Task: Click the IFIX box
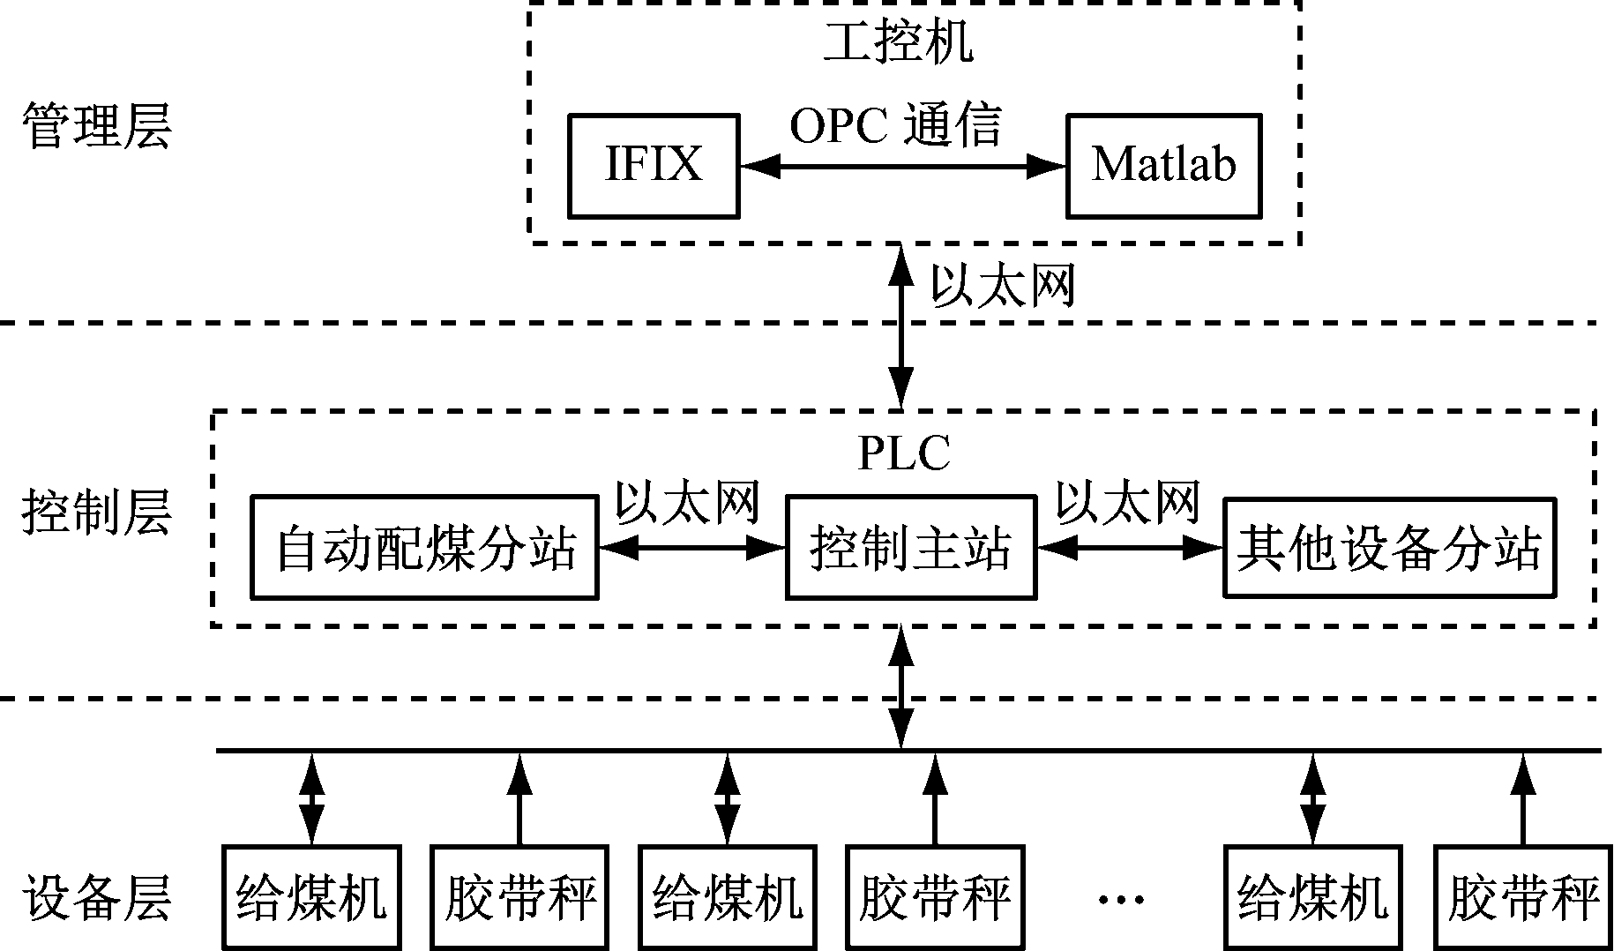[653, 165]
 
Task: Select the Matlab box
[1163, 165]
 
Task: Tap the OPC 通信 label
[895, 126]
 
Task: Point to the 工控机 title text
[898, 41]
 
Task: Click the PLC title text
[904, 453]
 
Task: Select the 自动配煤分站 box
[424, 548]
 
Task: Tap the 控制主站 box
[910, 548]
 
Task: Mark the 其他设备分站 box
[1389, 548]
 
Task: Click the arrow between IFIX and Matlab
[902, 165]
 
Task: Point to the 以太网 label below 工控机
[1003, 286]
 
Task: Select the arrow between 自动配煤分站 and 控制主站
[691, 548]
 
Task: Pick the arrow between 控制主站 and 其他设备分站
[1130, 548]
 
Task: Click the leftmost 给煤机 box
[311, 897]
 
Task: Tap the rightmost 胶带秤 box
[1523, 897]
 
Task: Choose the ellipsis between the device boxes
[1121, 899]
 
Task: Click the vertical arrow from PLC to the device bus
[900, 688]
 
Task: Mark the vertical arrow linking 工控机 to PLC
[900, 326]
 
